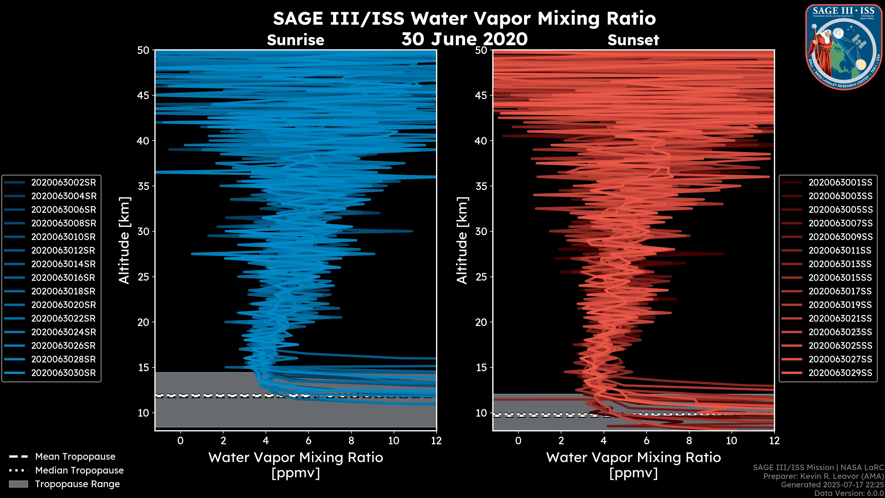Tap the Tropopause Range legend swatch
click(18, 484)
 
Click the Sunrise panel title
click(295, 40)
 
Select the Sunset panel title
click(633, 40)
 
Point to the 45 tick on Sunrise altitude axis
click(144, 95)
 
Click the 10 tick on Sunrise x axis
click(394, 441)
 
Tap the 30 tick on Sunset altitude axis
click(481, 231)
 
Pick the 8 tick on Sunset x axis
click(689, 441)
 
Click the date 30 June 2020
click(464, 39)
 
